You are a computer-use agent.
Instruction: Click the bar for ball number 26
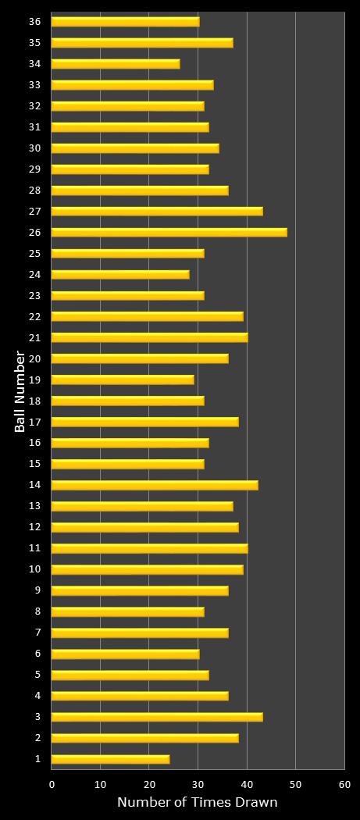[x=169, y=233]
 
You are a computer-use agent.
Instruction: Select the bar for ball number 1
[x=110, y=759]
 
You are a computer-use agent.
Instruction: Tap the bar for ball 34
[x=116, y=64]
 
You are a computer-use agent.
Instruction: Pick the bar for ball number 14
[x=155, y=485]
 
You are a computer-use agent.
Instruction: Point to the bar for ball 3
[x=157, y=717]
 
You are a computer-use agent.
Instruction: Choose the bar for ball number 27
[x=157, y=212]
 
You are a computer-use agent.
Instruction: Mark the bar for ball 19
[x=123, y=380]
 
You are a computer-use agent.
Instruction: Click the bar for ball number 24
[x=120, y=275]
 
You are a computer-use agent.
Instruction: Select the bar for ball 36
[x=125, y=22]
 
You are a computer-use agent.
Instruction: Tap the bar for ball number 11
[x=149, y=548]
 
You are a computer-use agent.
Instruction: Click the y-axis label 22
[x=34, y=316]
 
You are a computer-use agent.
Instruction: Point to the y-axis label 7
[x=37, y=632]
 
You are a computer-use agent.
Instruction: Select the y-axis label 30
[x=34, y=148]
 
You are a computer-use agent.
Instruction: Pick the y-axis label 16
[x=34, y=443]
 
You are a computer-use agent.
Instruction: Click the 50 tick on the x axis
[x=295, y=784]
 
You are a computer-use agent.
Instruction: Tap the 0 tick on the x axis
[x=52, y=784]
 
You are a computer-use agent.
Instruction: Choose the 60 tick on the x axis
[x=344, y=784]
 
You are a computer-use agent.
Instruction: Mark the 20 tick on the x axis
[x=149, y=784]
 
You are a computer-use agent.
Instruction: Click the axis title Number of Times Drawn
[x=198, y=802]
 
